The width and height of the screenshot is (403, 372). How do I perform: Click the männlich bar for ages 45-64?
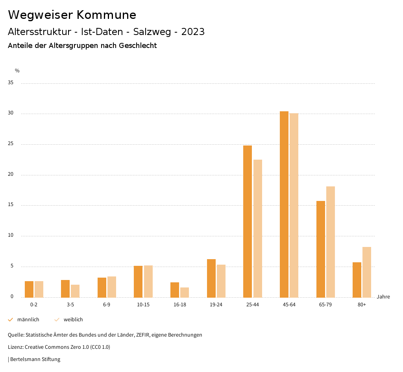pyautogui.click(x=284, y=204)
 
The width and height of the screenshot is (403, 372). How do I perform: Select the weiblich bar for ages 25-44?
pyautogui.click(x=258, y=228)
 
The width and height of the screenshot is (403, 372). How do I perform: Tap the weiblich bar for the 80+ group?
pyautogui.click(x=367, y=272)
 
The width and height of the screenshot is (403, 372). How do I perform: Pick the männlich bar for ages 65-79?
pyautogui.click(x=321, y=249)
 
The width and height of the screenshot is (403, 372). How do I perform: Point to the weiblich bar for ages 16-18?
pyautogui.click(x=185, y=293)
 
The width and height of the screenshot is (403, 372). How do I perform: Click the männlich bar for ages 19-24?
pyautogui.click(x=211, y=278)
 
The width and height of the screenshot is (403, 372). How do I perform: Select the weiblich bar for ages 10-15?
pyautogui.click(x=148, y=282)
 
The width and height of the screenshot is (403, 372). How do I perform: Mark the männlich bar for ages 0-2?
pyautogui.click(x=29, y=289)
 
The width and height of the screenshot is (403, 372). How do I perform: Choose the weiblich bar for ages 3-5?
pyautogui.click(x=75, y=291)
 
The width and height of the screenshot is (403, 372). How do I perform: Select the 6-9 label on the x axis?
pyautogui.click(x=107, y=305)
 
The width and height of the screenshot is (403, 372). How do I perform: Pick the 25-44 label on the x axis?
pyautogui.click(x=253, y=305)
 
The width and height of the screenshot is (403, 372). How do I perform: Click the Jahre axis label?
pyautogui.click(x=383, y=297)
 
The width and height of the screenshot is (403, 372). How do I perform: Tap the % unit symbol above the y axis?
pyautogui.click(x=17, y=71)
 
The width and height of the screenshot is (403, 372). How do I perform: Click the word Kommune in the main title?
pyautogui.click(x=106, y=15)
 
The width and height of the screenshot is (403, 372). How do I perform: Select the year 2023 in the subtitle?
pyautogui.click(x=193, y=32)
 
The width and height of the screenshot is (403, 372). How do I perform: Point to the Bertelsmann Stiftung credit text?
pyautogui.click(x=35, y=359)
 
